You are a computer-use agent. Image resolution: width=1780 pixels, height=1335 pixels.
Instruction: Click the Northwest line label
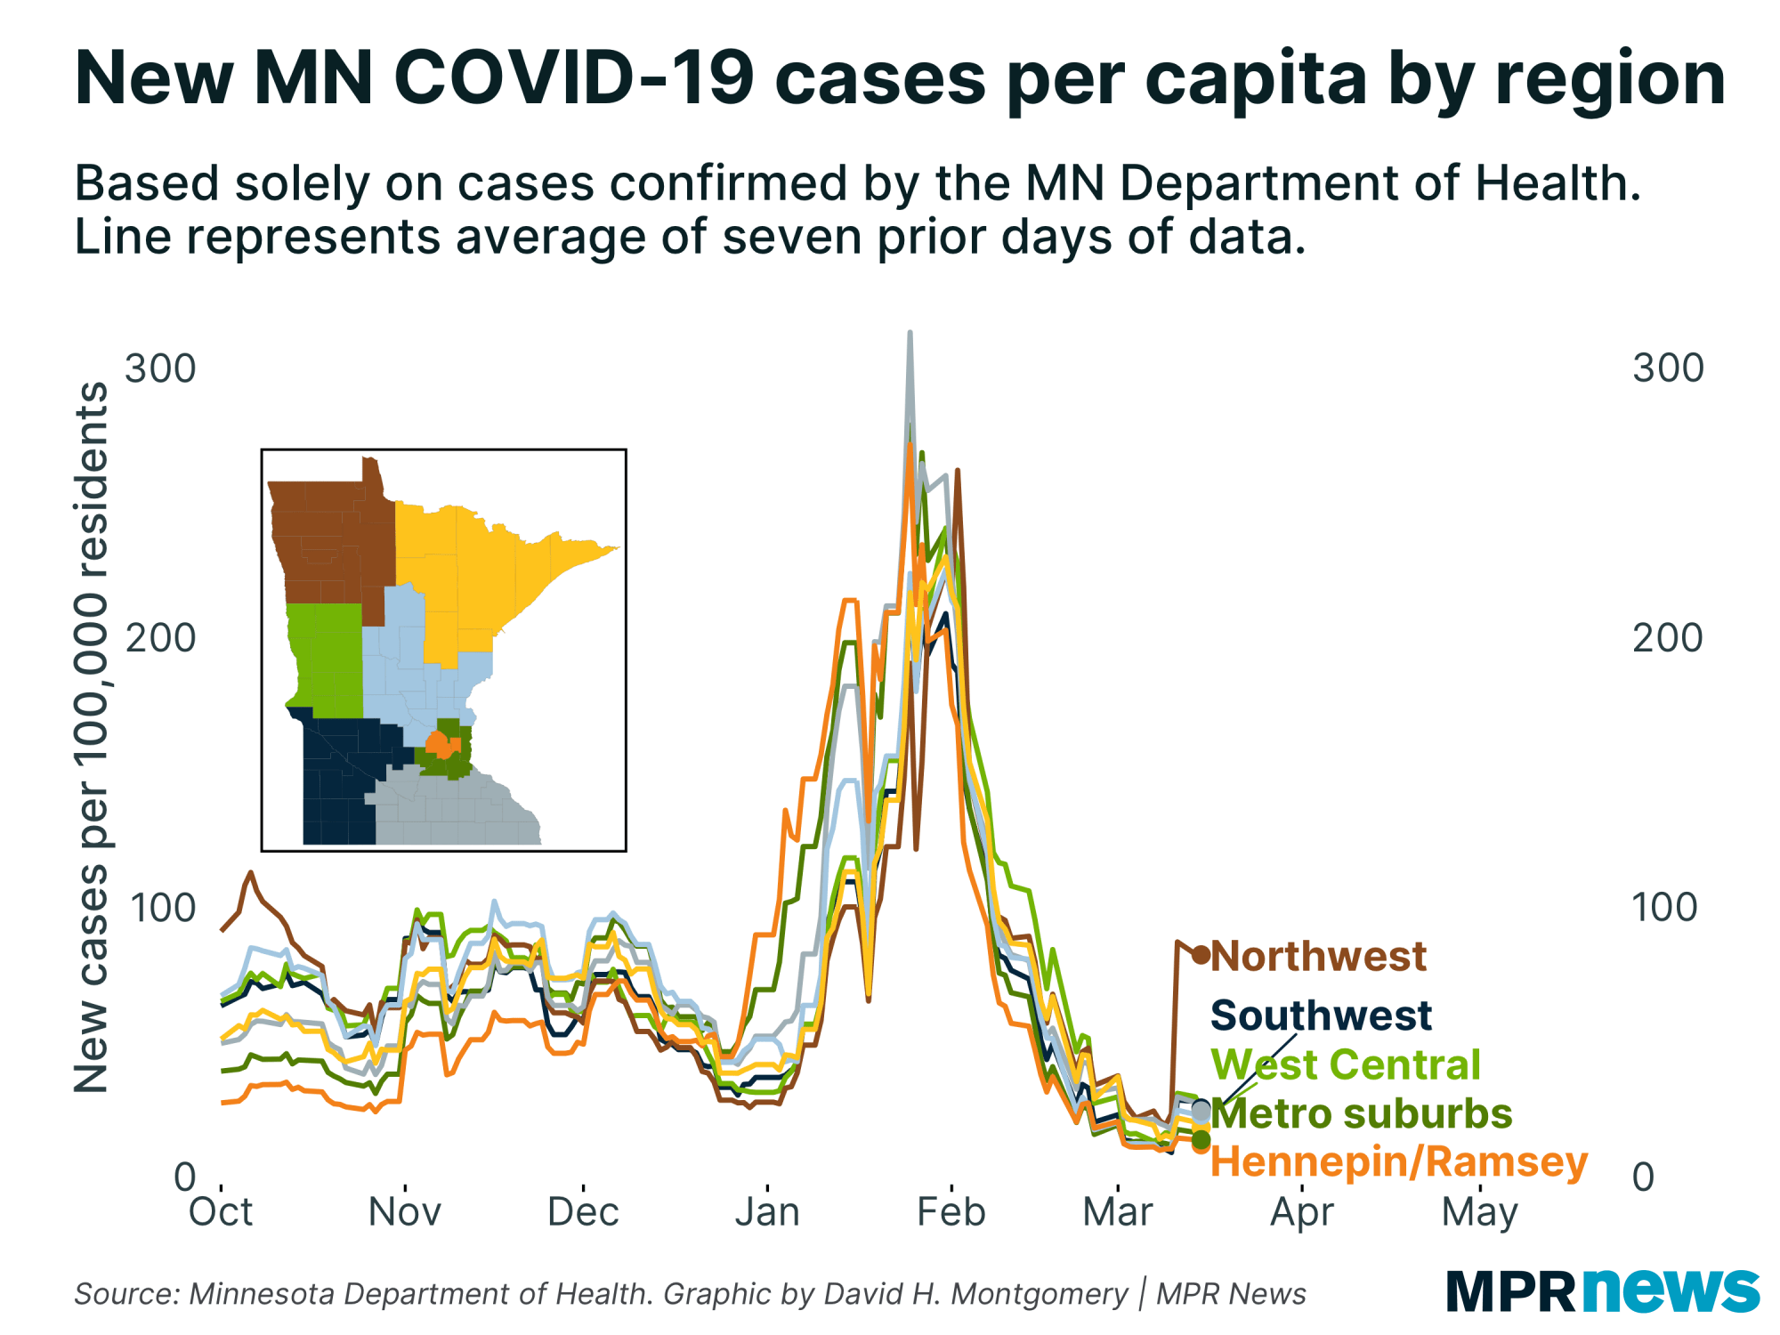tap(1318, 957)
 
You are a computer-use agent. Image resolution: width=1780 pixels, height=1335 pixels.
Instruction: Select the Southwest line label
tap(1321, 1015)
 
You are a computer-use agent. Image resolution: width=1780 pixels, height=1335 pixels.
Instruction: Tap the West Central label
tap(1346, 1064)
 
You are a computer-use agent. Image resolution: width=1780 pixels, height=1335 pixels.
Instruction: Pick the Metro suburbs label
tap(1362, 1113)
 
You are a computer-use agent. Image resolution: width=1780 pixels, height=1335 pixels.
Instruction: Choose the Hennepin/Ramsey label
tap(1399, 1162)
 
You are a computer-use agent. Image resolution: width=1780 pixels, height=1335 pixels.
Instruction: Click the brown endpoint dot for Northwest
tap(1201, 955)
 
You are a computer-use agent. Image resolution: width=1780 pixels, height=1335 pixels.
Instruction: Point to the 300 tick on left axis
tap(160, 368)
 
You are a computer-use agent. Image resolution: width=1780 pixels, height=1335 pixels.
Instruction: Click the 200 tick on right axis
tap(1667, 638)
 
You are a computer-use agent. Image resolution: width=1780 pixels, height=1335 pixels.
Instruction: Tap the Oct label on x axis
tap(221, 1212)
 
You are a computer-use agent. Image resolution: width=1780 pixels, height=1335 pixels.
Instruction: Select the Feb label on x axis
tap(951, 1212)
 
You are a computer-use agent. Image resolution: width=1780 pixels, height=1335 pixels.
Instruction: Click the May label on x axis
tap(1479, 1212)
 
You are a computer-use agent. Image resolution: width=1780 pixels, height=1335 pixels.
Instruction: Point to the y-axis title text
tap(91, 739)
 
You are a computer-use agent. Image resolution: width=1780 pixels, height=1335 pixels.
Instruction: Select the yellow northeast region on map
tap(481, 570)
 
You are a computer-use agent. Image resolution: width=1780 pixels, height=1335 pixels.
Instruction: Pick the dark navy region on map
tap(338, 783)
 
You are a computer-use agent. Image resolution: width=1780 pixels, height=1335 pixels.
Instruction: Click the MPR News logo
tap(1602, 1290)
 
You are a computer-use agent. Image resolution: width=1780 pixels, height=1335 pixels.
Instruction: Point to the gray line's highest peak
tap(909, 334)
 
